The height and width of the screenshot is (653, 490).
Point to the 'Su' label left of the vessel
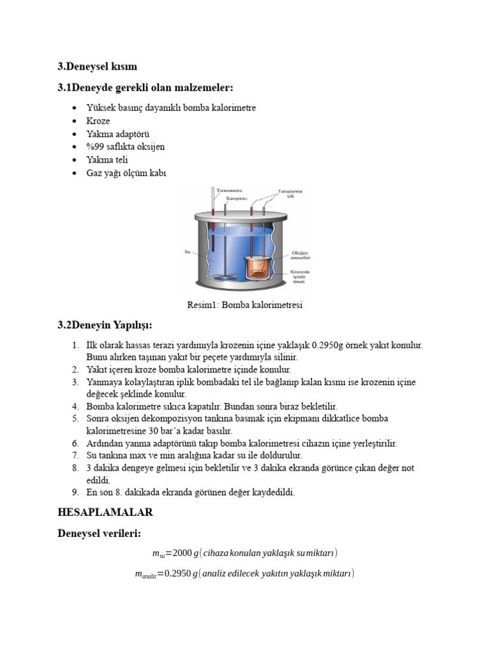coord(188,251)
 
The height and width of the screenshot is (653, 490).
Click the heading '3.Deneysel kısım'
coord(97,66)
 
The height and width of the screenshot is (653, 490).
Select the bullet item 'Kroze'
coord(98,121)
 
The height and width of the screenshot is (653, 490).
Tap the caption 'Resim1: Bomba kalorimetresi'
coord(244,305)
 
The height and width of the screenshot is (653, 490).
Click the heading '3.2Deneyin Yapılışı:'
coord(105,325)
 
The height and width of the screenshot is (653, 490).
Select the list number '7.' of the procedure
coord(75,455)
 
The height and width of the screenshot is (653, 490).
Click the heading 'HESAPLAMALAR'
coord(105,512)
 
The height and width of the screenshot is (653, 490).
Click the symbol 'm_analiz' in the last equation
coord(145,575)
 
